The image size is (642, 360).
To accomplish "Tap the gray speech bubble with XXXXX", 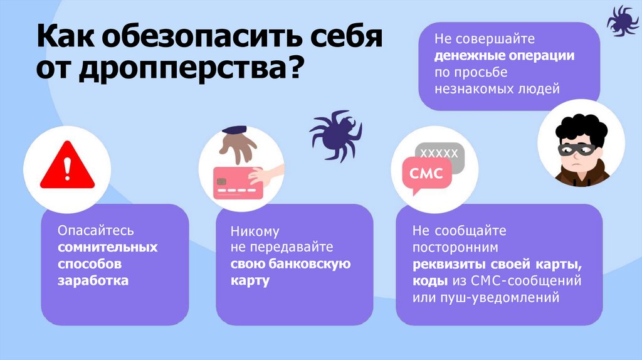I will click(x=441, y=154).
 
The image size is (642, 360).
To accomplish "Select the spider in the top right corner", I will click(x=622, y=21).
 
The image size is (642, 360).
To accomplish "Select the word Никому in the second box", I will click(x=255, y=231).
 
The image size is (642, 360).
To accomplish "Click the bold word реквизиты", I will click(x=444, y=263).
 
